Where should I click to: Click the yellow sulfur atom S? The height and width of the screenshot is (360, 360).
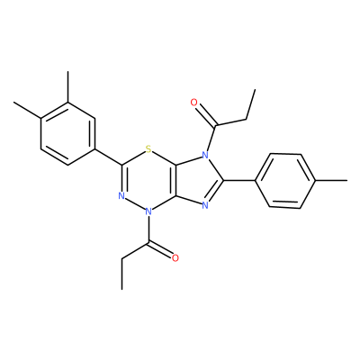click(148, 148)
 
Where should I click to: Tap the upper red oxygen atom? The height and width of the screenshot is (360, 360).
click(194, 103)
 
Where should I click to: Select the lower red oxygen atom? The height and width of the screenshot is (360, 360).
click(175, 258)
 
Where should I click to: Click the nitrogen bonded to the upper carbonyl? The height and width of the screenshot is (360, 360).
click(205, 155)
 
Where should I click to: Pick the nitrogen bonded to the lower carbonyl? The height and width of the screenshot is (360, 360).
click(148, 212)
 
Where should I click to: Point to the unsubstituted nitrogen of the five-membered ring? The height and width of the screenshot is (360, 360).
click(205, 205)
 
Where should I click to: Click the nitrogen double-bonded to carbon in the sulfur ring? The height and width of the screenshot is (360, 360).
click(121, 196)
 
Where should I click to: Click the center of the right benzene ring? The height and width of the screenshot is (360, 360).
click(285, 181)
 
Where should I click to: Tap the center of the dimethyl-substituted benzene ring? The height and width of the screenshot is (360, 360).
click(68, 133)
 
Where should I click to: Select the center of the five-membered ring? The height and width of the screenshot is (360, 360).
click(198, 181)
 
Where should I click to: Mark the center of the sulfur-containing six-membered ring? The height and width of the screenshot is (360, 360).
click(148, 181)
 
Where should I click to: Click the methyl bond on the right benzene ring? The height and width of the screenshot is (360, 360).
click(331, 181)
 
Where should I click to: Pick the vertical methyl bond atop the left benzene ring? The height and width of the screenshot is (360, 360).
click(68, 87)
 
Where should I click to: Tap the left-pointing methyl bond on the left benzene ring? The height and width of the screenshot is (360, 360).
click(27, 110)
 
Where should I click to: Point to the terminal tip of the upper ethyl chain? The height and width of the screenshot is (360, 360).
click(255, 89)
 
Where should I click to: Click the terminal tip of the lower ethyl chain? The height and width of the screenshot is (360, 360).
click(122, 290)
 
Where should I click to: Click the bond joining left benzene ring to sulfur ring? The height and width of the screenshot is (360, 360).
click(109, 157)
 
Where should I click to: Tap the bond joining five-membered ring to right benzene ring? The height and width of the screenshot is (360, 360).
click(239, 181)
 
